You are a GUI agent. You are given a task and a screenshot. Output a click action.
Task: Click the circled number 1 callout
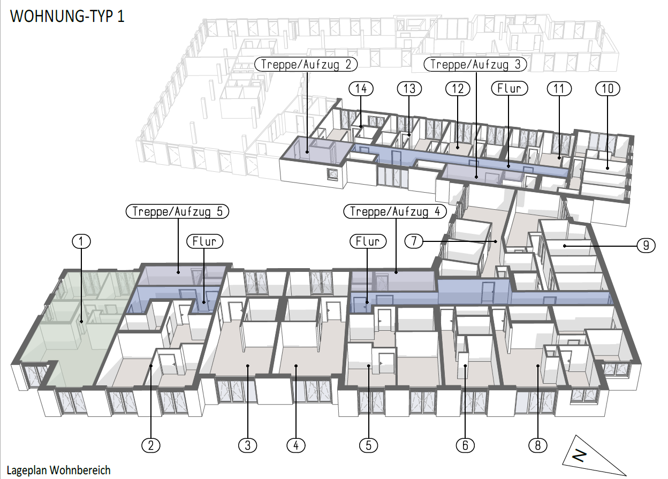coord(81,241)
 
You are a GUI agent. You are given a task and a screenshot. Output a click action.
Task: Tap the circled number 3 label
coord(248,444)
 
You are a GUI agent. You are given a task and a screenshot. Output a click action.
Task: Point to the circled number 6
coord(465,444)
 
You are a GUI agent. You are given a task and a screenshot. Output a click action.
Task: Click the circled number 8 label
coord(537,444)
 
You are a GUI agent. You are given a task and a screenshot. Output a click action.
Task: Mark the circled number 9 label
coord(647,246)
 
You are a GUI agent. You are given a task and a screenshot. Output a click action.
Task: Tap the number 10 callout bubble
coord(608,88)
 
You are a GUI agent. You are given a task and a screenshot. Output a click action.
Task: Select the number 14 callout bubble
coord(361,88)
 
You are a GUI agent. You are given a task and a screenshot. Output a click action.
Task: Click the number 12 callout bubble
coord(458,88)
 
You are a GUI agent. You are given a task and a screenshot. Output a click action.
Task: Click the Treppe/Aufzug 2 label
coord(306,65)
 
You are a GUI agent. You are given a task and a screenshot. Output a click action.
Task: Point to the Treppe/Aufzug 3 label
coord(475,65)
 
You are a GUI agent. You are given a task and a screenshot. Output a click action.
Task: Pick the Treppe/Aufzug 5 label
coord(177,211)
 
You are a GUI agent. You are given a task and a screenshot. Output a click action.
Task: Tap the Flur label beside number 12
coord(508,88)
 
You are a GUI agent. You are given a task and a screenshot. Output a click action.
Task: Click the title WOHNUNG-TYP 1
coord(67,16)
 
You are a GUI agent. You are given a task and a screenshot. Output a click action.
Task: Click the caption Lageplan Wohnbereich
coord(59,470)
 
